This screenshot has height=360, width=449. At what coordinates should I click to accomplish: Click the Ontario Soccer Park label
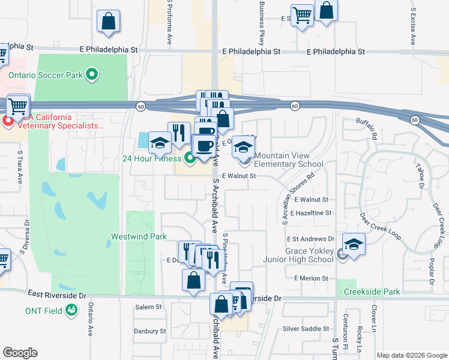tap(45, 75)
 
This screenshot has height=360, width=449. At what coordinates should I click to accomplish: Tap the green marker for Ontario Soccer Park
tap(92, 75)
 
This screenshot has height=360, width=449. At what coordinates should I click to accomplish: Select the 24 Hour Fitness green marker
tap(190, 158)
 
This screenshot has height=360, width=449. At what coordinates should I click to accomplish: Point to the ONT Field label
tap(44, 311)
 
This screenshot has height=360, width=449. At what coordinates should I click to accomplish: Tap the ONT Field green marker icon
tap(71, 310)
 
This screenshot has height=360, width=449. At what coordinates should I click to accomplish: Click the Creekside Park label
tap(372, 292)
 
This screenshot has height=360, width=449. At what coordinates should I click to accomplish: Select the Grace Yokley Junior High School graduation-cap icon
tap(354, 245)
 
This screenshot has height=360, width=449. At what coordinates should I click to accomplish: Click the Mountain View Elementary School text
tap(288, 160)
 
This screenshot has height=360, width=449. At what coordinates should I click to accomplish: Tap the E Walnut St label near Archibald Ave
tap(239, 176)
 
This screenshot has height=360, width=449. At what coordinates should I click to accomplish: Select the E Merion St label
tap(312, 278)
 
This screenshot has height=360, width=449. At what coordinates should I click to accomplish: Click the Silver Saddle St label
tap(307, 329)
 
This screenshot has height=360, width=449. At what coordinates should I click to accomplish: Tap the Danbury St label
tap(149, 331)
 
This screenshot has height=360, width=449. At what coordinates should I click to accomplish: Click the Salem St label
tap(149, 307)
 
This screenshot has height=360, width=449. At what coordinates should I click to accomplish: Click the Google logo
tap(20, 353)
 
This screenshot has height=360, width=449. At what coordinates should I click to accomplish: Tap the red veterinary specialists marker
tap(8, 122)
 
